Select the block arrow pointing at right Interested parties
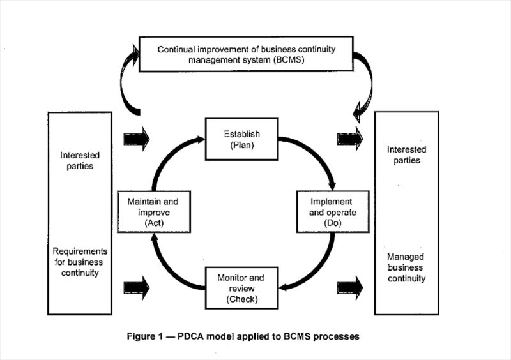(350, 137)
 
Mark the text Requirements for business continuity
(80, 262)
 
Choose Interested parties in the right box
(406, 155)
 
